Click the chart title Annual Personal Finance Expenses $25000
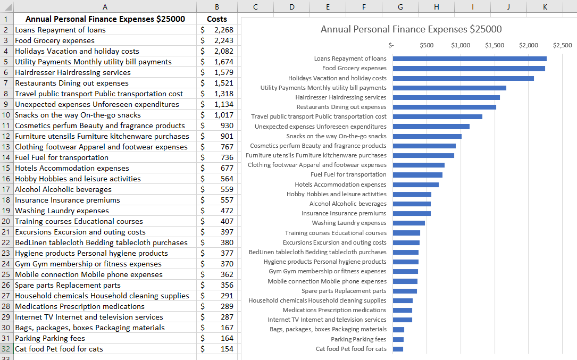click(411, 29)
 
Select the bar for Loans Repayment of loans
click(470, 58)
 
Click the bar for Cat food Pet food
click(398, 349)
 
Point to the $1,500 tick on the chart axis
click(495, 45)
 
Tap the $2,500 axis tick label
click(563, 45)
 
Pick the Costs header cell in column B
click(217, 19)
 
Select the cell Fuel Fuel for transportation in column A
click(62, 157)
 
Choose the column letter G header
click(400, 6)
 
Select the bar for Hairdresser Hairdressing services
click(446, 97)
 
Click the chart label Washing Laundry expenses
click(349, 223)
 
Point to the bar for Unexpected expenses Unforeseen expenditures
click(431, 127)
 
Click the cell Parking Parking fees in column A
click(50, 338)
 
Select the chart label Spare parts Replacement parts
click(344, 291)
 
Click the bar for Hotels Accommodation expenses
click(416, 185)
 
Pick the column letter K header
click(545, 6)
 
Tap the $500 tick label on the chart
click(427, 45)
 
